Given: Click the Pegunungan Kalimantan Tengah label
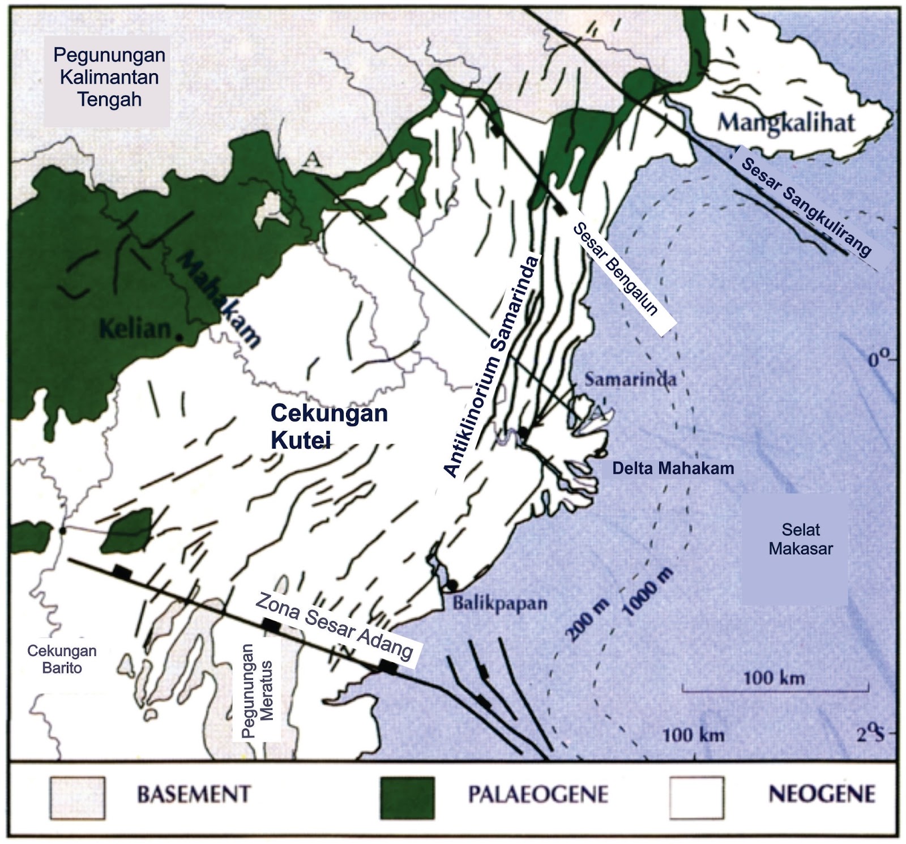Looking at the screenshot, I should click(109, 77).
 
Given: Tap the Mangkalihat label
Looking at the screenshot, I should click(786, 123).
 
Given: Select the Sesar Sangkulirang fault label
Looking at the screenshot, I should click(805, 207).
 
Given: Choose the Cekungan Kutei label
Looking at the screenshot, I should click(328, 426).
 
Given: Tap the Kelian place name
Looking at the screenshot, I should click(135, 329).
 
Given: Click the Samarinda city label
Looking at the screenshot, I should click(630, 379).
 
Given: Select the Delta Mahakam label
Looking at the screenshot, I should click(673, 468).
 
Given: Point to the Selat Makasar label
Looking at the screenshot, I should click(800, 539).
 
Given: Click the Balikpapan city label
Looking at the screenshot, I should click(499, 603).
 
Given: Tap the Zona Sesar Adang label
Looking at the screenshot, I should click(334, 626).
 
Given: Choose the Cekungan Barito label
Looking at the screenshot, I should click(62, 659).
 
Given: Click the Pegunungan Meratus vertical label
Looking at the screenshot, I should click(258, 690).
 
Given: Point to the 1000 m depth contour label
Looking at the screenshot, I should click(649, 592).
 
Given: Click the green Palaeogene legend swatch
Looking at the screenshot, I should click(407, 798).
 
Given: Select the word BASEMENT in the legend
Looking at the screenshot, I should click(194, 794).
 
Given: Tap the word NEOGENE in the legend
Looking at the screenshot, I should click(821, 794).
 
